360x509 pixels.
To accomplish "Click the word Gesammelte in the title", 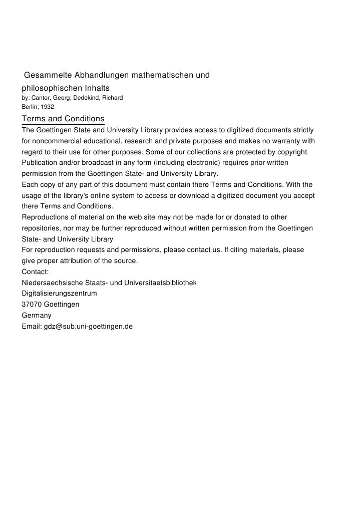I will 48,76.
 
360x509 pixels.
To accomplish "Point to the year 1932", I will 48,107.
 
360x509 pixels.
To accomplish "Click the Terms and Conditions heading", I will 63,119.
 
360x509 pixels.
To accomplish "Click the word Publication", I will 40,163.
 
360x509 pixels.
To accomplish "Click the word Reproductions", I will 47,217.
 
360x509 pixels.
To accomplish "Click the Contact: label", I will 36,272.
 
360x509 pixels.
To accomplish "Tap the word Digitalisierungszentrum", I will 60,294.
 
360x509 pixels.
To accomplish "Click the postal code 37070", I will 32,305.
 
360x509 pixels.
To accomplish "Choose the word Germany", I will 37,316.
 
